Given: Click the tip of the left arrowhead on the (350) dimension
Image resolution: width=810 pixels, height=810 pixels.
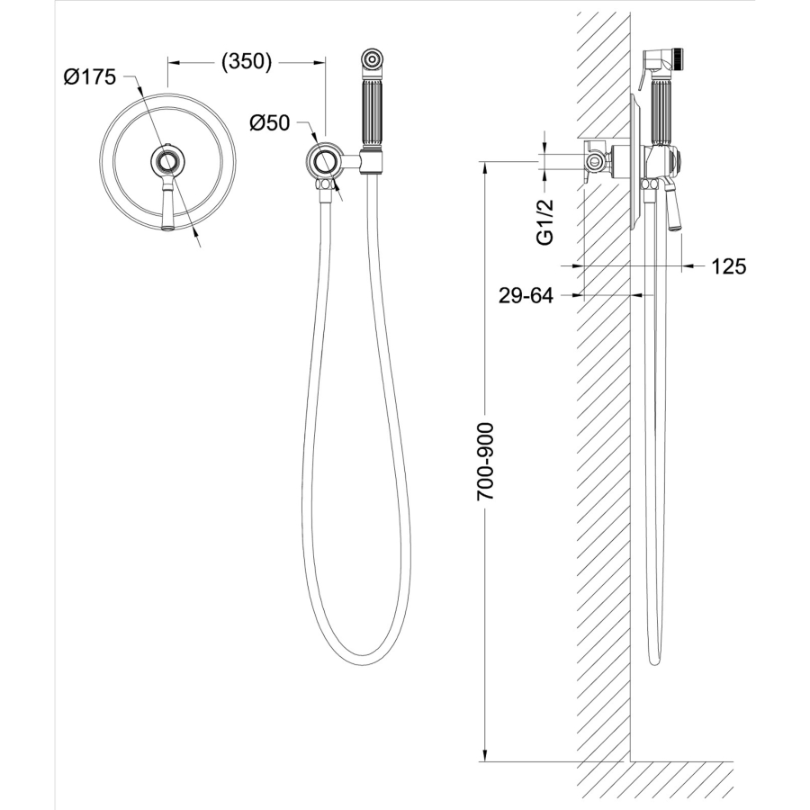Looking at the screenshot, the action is pyautogui.click(x=168, y=62).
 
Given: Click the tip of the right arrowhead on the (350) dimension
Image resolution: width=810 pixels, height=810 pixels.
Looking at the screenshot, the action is pyautogui.click(x=326, y=62).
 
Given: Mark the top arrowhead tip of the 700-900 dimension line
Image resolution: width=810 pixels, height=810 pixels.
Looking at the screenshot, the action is pyautogui.click(x=484, y=162).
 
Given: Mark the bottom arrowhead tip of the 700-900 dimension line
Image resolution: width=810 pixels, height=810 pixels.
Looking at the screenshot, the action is pyautogui.click(x=484, y=760).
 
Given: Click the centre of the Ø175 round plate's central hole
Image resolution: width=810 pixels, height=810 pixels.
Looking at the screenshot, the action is pyautogui.click(x=166, y=162).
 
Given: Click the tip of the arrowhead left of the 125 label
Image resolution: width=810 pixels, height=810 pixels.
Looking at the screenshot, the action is pyautogui.click(x=681, y=266).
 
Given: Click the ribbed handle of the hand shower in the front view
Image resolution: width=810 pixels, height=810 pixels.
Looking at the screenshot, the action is pyautogui.click(x=372, y=112).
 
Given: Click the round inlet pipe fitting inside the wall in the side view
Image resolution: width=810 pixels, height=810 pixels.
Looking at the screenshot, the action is pyautogui.click(x=595, y=162).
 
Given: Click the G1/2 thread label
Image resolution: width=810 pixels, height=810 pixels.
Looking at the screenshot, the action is pyautogui.click(x=545, y=222).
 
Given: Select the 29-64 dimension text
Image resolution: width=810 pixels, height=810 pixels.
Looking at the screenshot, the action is pyautogui.click(x=526, y=296).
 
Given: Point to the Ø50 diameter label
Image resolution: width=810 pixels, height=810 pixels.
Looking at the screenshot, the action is pyautogui.click(x=270, y=123).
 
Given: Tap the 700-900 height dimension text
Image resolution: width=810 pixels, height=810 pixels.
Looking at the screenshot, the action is pyautogui.click(x=485, y=462).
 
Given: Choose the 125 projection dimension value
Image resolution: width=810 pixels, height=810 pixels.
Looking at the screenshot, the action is pyautogui.click(x=729, y=266).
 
